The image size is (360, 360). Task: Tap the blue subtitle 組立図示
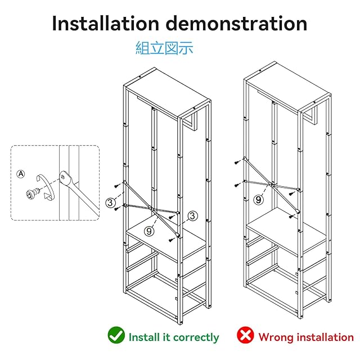point(164,48)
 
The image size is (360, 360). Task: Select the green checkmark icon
point(116,336)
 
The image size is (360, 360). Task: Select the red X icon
point(245,336)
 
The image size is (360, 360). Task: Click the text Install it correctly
point(174,337)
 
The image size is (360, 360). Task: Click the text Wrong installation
point(306,337)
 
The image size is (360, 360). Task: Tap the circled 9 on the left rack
point(148,230)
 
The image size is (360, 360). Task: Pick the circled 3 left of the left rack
point(111,202)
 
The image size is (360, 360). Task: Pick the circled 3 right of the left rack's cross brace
point(192,215)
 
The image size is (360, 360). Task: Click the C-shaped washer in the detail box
point(45,187)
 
